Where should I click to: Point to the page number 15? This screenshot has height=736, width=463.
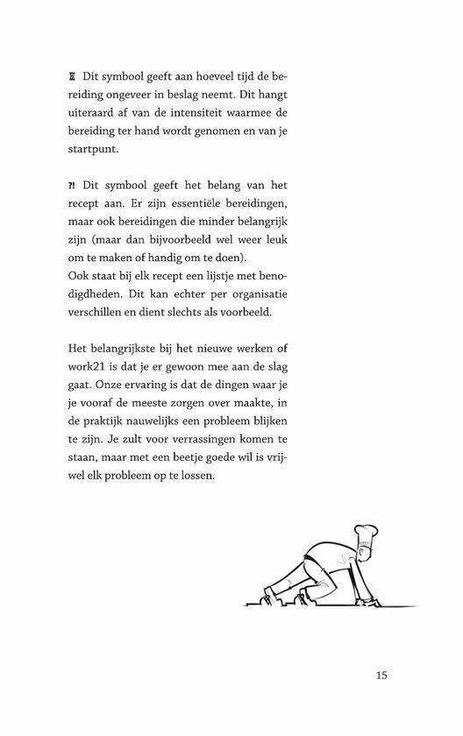pyautogui.click(x=381, y=675)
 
